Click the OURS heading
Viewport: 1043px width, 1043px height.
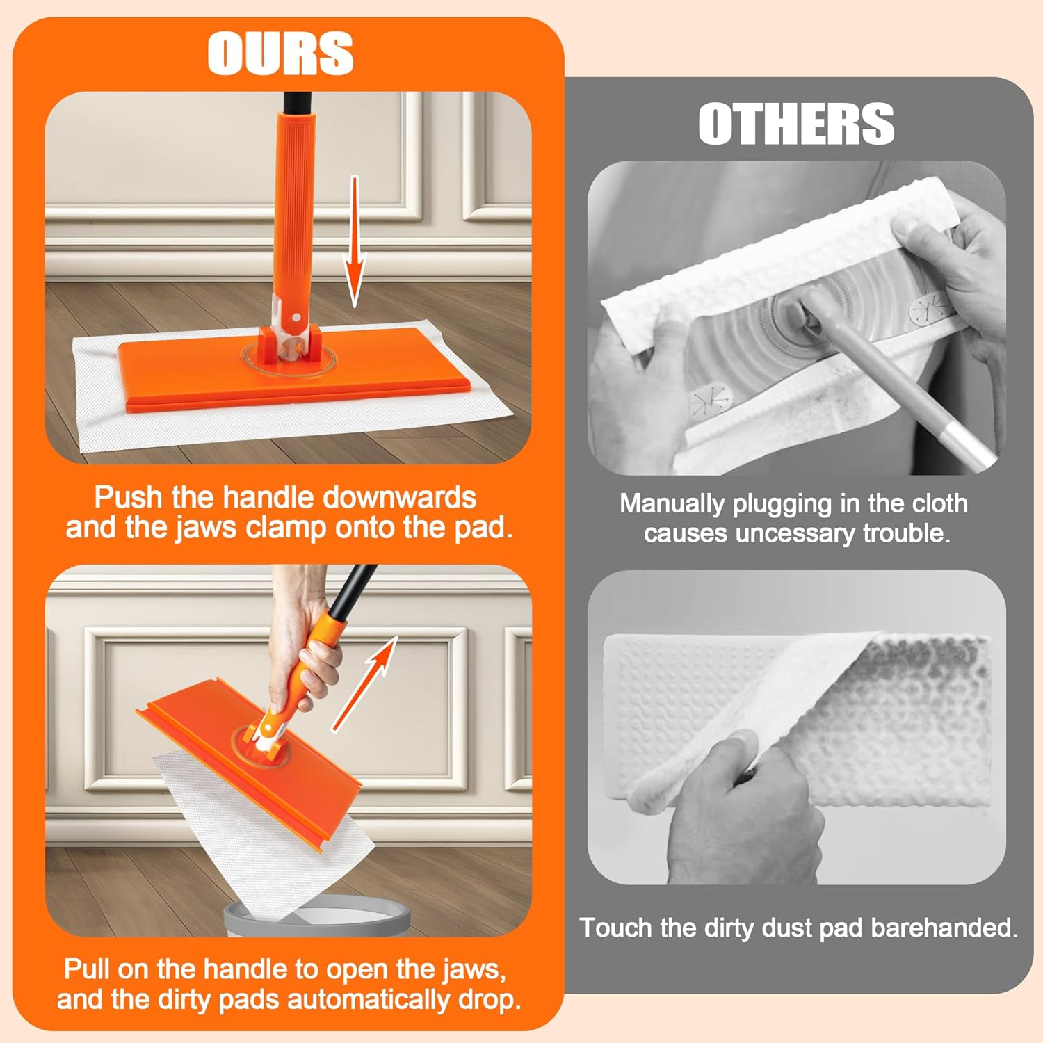pos(280,54)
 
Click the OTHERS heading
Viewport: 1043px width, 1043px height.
pos(796,124)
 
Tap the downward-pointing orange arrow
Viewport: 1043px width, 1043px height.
pos(355,243)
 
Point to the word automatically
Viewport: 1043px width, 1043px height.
pos(369,1000)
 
